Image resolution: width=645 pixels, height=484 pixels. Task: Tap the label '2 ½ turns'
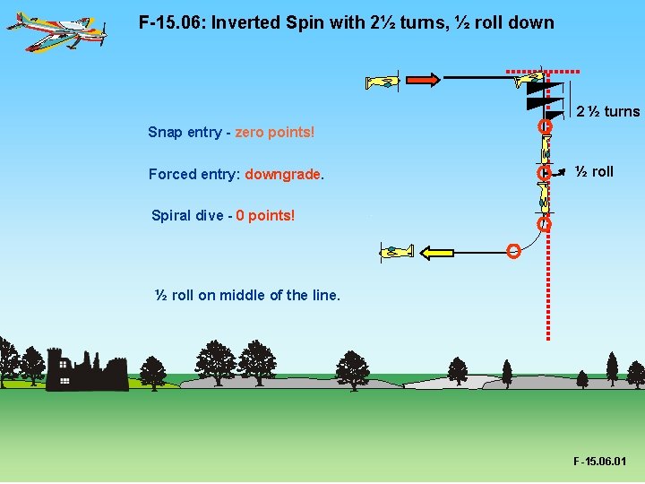click(607, 112)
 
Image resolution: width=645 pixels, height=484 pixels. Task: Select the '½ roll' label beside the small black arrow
click(594, 171)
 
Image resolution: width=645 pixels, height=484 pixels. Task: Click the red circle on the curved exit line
click(513, 251)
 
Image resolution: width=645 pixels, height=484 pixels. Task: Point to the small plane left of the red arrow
click(383, 82)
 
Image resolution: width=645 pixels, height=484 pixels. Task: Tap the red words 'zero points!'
click(275, 133)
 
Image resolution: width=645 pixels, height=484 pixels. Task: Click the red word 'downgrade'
click(282, 175)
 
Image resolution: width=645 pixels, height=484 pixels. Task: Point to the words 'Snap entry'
click(185, 133)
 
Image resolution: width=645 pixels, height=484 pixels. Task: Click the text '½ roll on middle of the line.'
click(248, 295)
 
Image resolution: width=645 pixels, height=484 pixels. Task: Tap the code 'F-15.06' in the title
click(171, 22)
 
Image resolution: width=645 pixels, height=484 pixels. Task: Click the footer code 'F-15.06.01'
click(599, 462)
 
